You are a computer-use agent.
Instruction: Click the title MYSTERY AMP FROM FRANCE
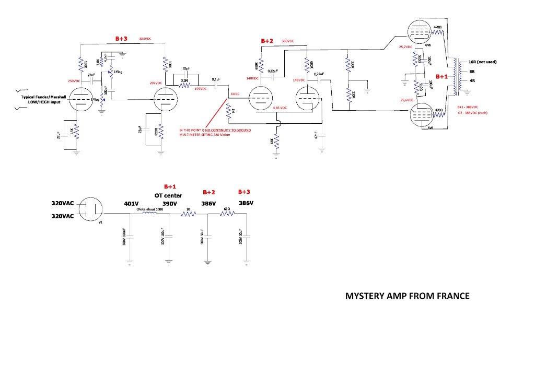[407, 296]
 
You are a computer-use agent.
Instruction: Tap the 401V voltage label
[131, 203]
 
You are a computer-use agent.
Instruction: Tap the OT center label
[170, 195]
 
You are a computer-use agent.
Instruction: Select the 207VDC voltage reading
[155, 84]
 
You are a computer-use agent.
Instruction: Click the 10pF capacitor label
[185, 69]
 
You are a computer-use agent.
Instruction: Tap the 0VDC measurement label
[234, 93]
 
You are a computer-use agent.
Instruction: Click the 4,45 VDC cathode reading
[280, 108]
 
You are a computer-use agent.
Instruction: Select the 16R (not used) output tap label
[482, 62]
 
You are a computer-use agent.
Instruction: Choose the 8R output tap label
[472, 71]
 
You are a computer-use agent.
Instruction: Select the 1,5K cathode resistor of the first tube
[76, 133]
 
